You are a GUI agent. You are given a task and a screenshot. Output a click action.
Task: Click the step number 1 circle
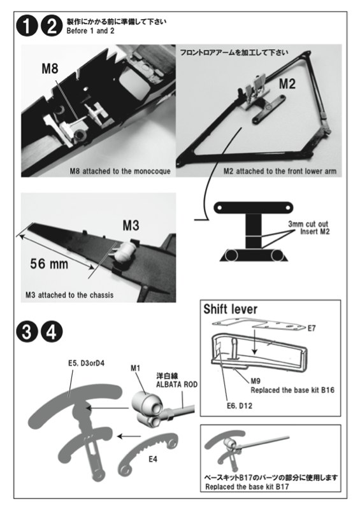pos(27,26)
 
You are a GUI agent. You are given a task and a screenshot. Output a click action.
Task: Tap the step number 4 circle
pos(52,332)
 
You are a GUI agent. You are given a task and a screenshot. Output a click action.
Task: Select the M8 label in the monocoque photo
pos(50,69)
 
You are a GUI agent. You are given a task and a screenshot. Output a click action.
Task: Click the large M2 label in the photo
pos(287,84)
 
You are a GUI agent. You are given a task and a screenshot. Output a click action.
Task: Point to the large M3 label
pos(131,225)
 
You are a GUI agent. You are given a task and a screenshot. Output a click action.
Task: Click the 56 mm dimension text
pos(49,264)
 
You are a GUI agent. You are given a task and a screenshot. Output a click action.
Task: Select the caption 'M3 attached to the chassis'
pos(69,295)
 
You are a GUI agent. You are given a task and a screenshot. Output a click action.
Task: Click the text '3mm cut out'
pos(308,224)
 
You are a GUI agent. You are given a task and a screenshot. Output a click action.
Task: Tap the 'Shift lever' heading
pos(231,309)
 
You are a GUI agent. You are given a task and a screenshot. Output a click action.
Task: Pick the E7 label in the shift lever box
pos(312,328)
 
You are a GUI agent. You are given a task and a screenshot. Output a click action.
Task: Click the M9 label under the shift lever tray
pos(256,381)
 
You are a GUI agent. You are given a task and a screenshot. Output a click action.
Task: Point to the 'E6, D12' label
pos(240,406)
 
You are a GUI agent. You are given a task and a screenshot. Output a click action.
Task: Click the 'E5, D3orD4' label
pos(86,363)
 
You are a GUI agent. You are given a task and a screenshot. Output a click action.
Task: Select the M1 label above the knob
pos(136,368)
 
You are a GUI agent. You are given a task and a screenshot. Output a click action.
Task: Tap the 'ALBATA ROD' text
pos(176,385)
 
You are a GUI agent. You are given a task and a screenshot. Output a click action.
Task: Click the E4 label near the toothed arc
pos(153,459)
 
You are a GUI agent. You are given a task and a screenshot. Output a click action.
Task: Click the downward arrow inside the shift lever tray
pos(254,341)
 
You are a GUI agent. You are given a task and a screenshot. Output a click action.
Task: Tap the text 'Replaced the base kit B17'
pos(247,487)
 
